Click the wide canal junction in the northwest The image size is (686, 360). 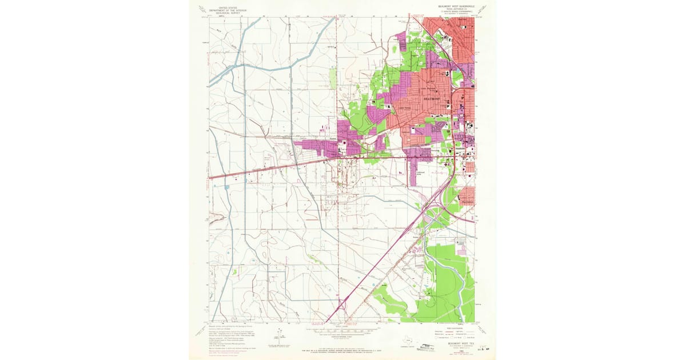[x=234, y=66]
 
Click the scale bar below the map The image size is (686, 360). [x=343, y=330]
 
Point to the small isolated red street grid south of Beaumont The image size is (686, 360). [x=469, y=167]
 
